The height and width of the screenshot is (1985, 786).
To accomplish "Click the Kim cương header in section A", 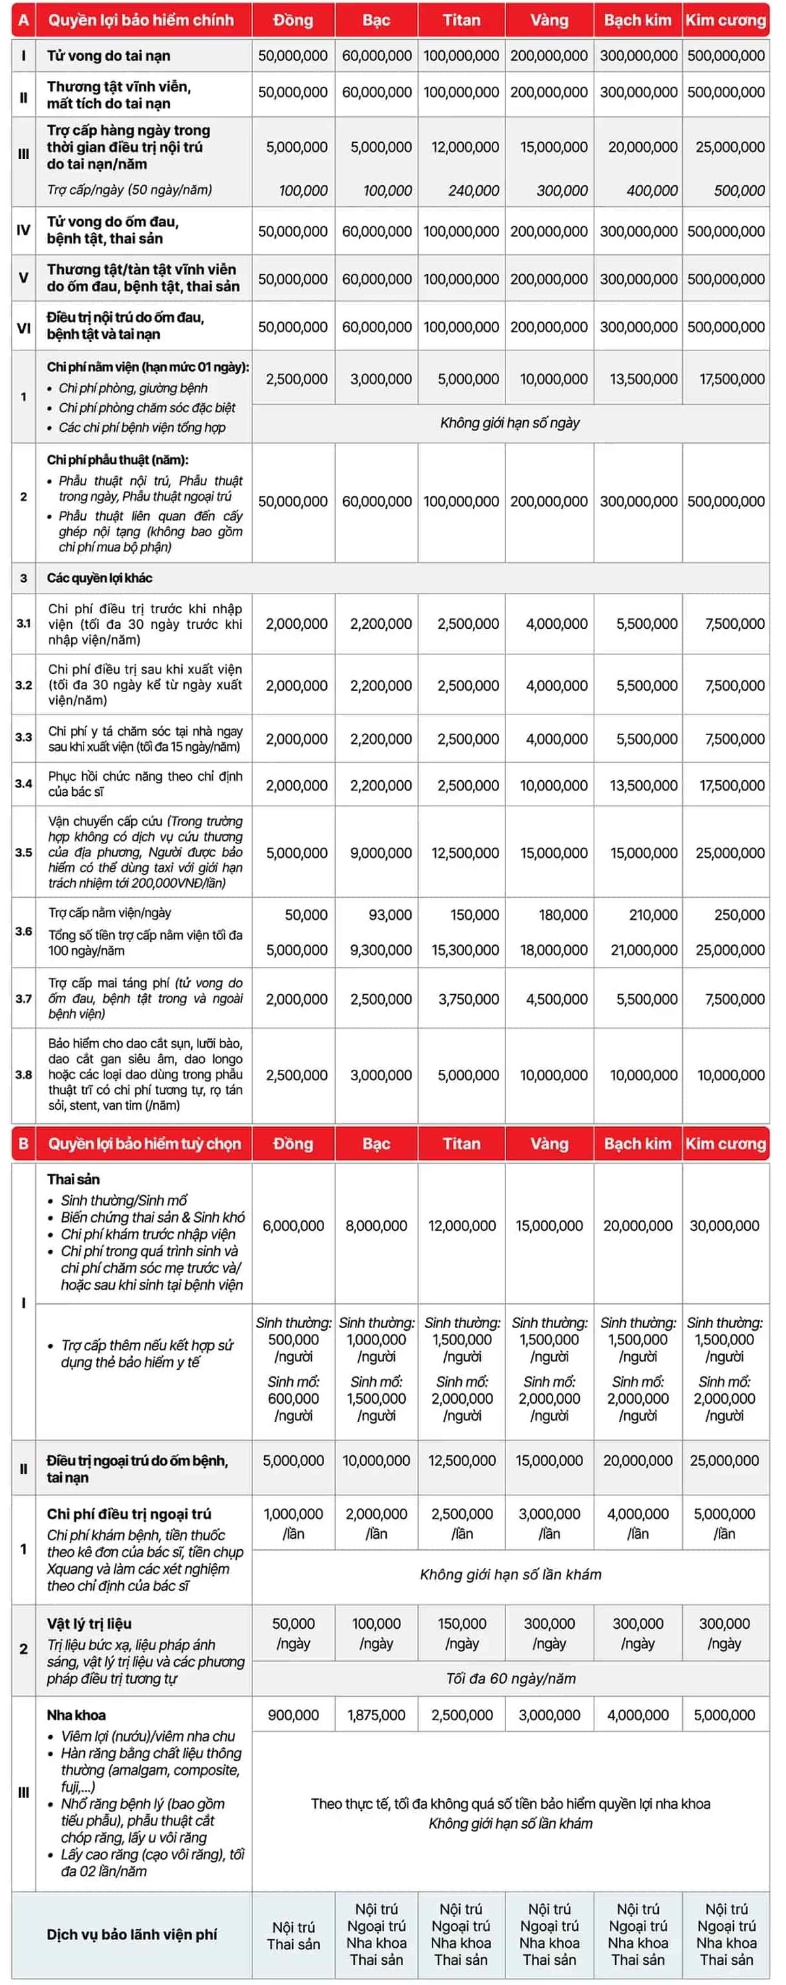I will coord(726,20).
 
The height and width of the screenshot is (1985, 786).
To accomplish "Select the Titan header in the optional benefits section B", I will coord(461,1144).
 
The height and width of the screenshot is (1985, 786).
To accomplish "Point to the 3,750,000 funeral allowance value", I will coord(468,999).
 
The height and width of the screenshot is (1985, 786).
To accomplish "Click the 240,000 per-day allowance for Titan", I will coord(473,190).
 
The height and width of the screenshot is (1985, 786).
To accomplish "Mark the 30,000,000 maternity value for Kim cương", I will coord(724,1225).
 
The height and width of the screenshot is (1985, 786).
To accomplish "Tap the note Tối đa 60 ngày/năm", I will coord(510,1678).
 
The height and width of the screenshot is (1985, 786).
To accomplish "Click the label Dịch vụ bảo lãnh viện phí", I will coord(132,1934).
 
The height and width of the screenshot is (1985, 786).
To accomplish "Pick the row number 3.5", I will coord(23,853).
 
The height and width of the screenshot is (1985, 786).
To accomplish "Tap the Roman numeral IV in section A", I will coord(23,230).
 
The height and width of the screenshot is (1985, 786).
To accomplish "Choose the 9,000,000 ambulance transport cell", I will coord(381,853).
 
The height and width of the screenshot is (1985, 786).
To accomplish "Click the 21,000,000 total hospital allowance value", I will coord(644,950).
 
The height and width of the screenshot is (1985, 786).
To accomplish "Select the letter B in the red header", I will coord(23,1144).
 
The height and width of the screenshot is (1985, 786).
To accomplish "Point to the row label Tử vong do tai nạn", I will coord(109,55).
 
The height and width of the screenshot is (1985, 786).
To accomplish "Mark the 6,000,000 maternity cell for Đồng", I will coord(293,1225).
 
